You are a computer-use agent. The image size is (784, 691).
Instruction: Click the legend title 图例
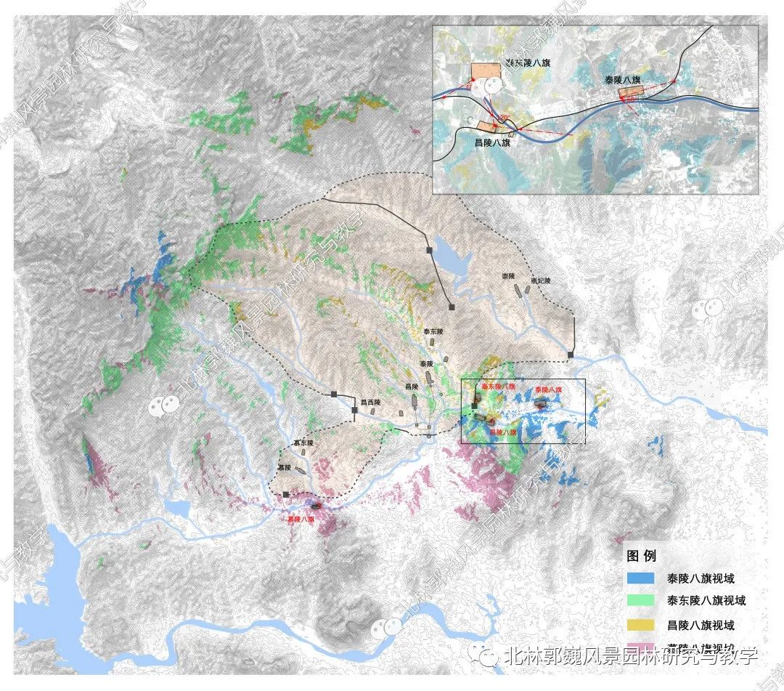pyautogui.click(x=642, y=556)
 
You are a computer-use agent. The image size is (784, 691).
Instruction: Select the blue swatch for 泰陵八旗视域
pyautogui.click(x=644, y=579)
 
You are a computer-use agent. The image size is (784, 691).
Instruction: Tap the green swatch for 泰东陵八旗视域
pyautogui.click(x=644, y=602)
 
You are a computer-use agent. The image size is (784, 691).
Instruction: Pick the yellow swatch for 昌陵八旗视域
pyautogui.click(x=644, y=625)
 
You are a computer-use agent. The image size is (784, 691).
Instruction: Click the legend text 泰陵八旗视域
pyautogui.click(x=701, y=579)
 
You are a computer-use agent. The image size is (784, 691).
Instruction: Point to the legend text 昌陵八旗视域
pyautogui.click(x=701, y=625)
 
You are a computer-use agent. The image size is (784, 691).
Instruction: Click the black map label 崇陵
pyautogui.click(x=507, y=277)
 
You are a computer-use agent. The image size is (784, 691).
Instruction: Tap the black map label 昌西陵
pyautogui.click(x=370, y=401)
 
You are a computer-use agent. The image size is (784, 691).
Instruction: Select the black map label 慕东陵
pyautogui.click(x=303, y=443)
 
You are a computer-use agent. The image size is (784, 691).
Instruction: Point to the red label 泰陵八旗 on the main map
pyautogui.click(x=549, y=389)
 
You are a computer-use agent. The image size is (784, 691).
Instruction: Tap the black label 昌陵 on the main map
pyautogui.click(x=412, y=387)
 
